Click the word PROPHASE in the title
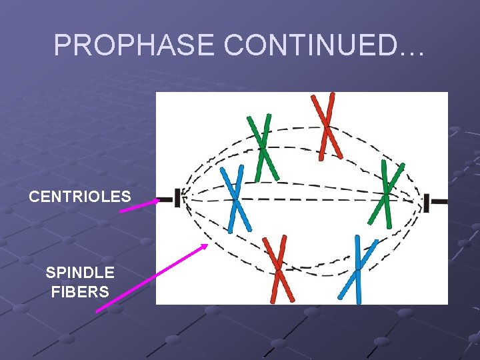135,45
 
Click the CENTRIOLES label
80,197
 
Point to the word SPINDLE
80,273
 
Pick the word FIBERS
80,291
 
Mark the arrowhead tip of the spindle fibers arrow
207,245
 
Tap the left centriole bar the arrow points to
178,198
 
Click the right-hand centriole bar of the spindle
427,203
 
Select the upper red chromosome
326,126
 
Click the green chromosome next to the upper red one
262,147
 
